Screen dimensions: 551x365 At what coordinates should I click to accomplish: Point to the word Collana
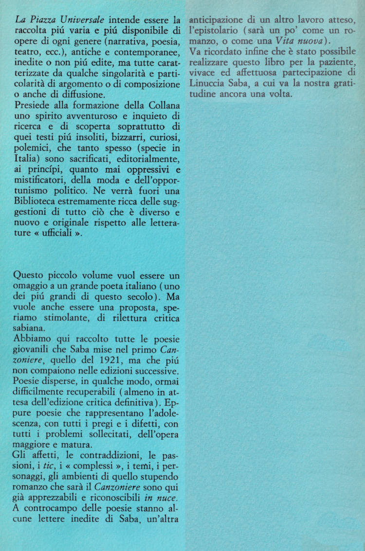pyautogui.click(x=162, y=104)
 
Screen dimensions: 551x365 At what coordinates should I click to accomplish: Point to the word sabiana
pyautogui.click(x=30, y=328)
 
